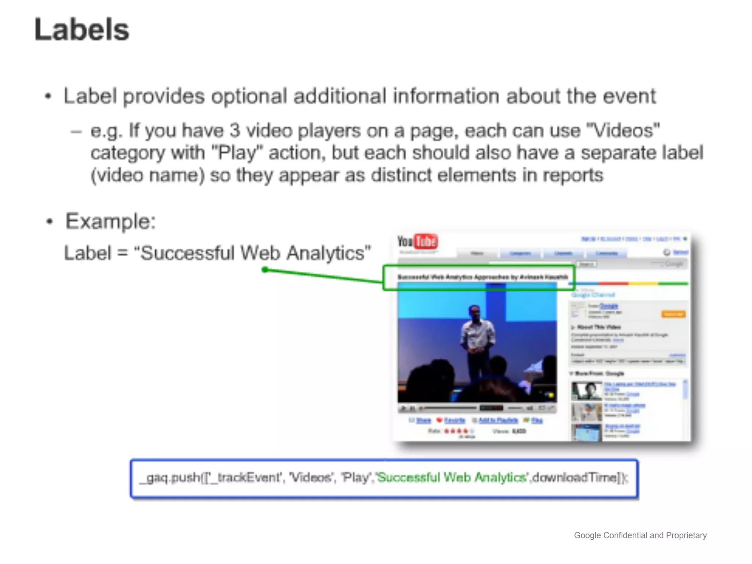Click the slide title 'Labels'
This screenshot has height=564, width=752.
[x=82, y=30]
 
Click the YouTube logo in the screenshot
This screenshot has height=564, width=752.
[x=417, y=242]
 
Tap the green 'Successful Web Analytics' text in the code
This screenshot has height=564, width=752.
[x=452, y=477]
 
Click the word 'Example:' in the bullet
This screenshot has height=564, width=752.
[x=111, y=221]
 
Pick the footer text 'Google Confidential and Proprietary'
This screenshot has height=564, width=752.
[x=640, y=535]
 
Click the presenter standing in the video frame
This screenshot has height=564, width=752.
[x=476, y=341]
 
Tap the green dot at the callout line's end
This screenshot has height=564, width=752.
[x=265, y=270]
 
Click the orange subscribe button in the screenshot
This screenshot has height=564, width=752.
[x=673, y=314]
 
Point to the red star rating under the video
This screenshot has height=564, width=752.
[x=456, y=431]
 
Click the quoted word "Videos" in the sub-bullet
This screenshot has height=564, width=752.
[x=623, y=131]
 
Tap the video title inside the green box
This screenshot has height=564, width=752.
[x=482, y=277]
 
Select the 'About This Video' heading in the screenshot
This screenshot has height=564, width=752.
[x=599, y=327]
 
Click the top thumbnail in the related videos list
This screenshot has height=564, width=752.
[x=586, y=391]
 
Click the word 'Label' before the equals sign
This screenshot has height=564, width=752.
[x=87, y=253]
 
